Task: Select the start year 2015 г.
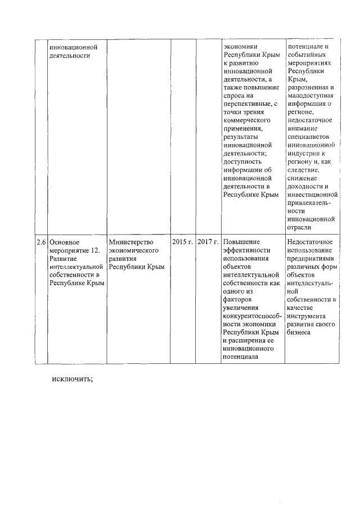click(x=182, y=242)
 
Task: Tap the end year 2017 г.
click(x=208, y=242)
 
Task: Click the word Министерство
click(x=131, y=242)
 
